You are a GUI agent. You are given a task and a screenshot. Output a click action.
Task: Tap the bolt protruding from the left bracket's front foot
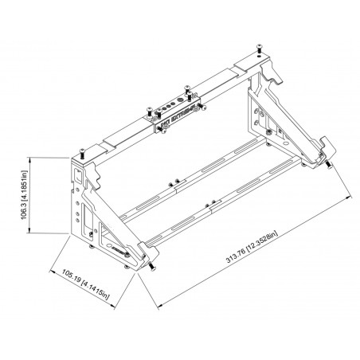(x=148, y=268)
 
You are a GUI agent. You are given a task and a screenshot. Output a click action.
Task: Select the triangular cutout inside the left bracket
(x=100, y=231)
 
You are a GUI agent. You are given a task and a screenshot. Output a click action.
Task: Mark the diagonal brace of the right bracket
(x=299, y=119)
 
